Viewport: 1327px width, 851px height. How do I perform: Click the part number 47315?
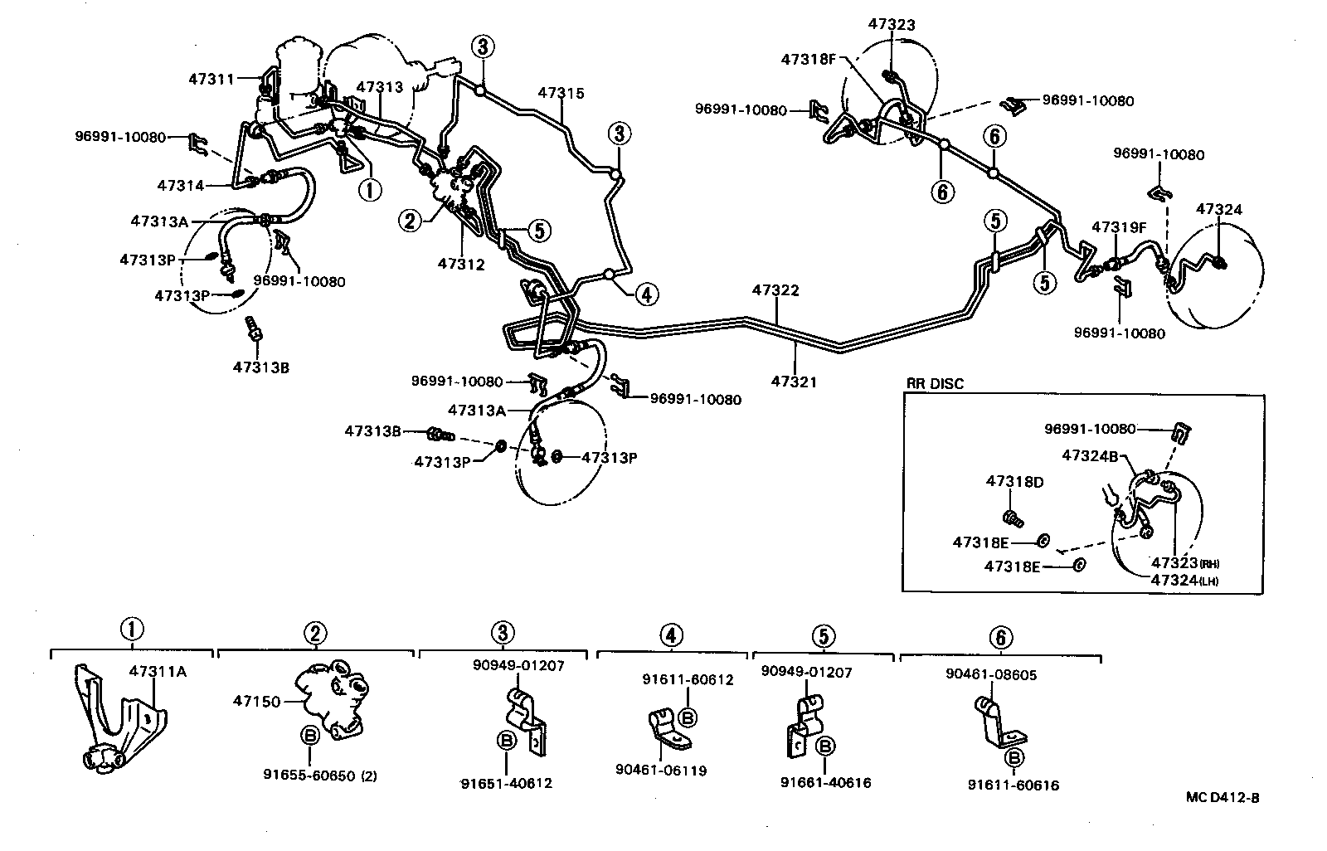561,93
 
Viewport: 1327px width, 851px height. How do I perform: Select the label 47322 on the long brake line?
775,290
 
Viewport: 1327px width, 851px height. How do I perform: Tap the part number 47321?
794,382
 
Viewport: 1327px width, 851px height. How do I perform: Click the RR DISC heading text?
935,383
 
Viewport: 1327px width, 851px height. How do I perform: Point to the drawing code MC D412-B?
1222,797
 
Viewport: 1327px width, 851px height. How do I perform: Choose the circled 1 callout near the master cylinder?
369,190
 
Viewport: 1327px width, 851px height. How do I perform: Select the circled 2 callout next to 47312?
409,220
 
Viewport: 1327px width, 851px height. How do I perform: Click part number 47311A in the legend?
158,671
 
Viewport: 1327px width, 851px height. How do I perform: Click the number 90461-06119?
661,771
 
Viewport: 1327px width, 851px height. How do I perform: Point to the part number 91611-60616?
1013,785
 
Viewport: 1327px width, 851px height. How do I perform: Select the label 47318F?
809,59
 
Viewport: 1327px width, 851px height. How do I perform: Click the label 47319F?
1118,226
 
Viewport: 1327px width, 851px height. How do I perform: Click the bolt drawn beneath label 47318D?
1011,518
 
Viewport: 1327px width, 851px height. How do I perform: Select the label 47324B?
1091,455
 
